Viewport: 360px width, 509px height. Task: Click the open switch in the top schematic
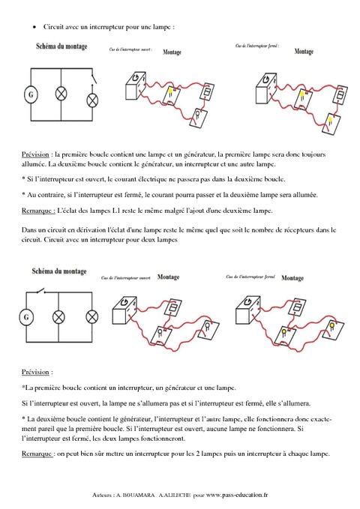(x=94, y=77)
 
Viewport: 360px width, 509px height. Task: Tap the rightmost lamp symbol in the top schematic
(x=94, y=100)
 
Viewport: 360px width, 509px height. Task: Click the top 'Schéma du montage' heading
(x=61, y=47)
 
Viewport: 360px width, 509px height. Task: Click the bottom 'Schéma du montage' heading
(x=61, y=271)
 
